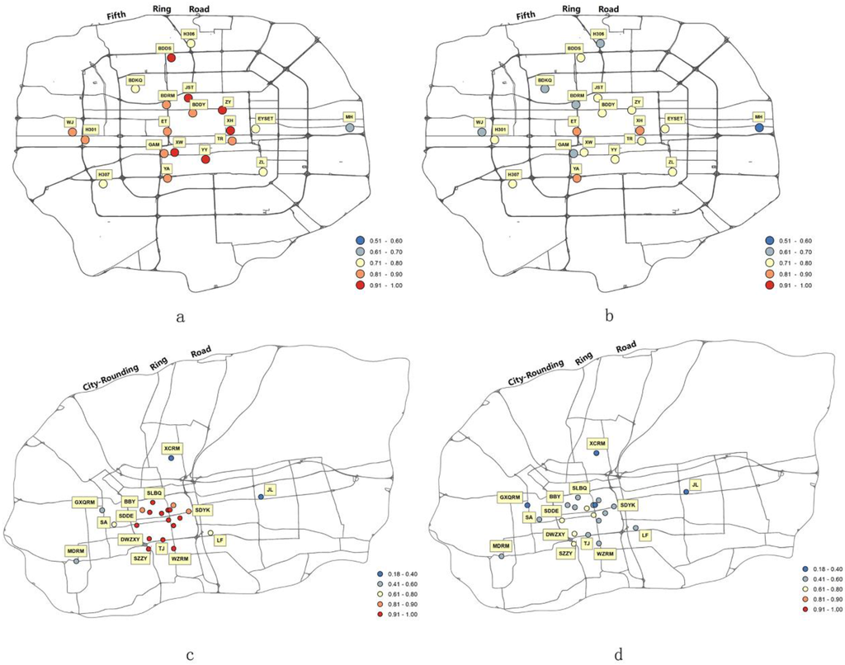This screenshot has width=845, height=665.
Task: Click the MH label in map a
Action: pyautogui.click(x=351, y=117)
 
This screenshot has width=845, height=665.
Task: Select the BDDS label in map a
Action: pyautogui.click(x=164, y=48)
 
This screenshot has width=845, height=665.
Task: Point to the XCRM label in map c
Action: pyautogui.click(x=172, y=448)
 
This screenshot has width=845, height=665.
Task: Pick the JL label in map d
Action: pyautogui.click(x=695, y=484)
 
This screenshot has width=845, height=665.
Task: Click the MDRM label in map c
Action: pyautogui.click(x=76, y=549)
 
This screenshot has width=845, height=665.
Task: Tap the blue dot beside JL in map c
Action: pyautogui.click(x=261, y=497)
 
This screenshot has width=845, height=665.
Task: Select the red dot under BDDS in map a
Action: pyautogui.click(x=171, y=59)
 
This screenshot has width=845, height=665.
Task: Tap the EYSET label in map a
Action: pyautogui.click(x=266, y=119)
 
